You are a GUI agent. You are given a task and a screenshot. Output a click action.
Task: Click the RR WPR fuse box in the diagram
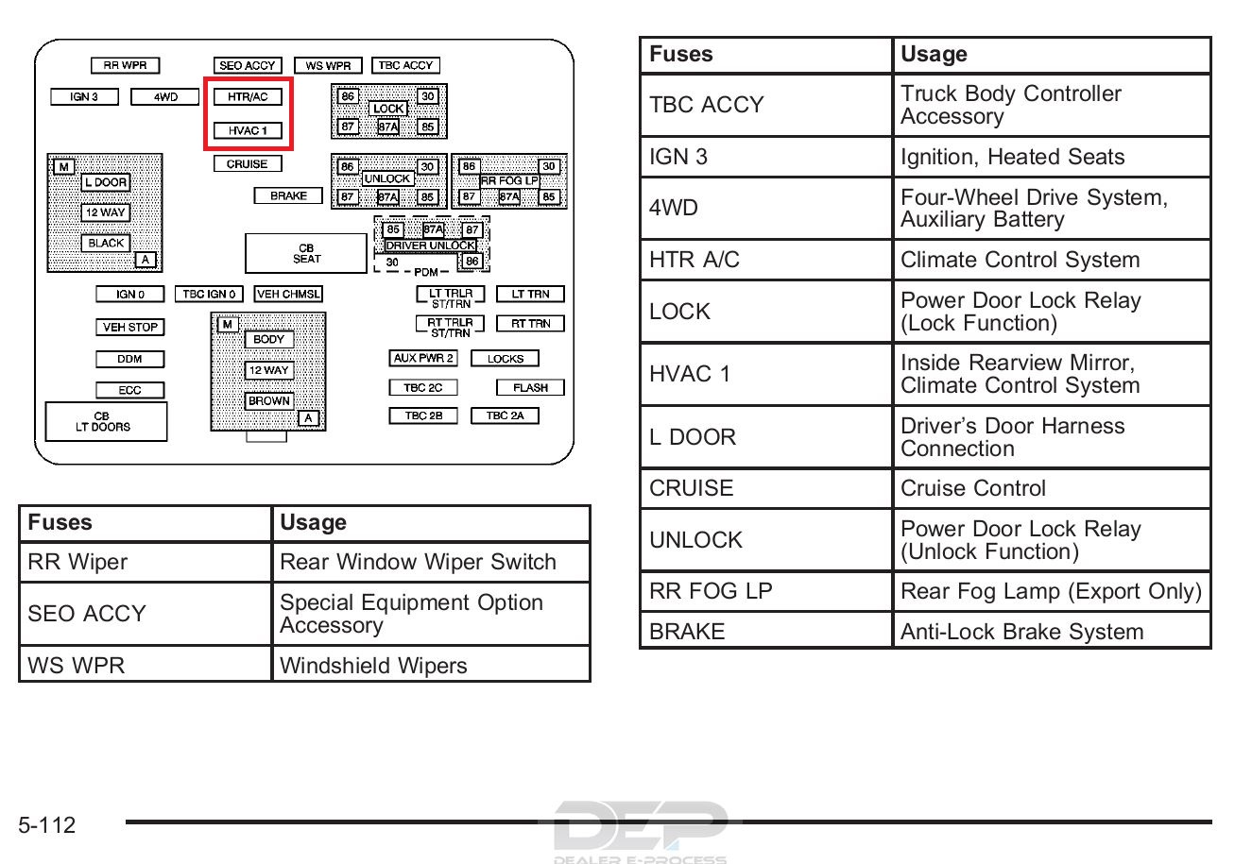point(125,65)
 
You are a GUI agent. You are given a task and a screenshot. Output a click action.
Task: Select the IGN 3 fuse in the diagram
point(84,96)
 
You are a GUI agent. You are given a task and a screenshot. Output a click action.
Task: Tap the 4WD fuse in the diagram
point(164,96)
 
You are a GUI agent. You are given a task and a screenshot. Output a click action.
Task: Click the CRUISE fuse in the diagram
point(248,163)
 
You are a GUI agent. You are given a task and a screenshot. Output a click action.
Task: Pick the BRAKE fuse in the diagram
point(288,195)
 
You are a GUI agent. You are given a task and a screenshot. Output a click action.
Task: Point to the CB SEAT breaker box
point(306,253)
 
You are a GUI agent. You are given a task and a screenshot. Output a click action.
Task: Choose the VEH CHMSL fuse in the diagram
point(288,294)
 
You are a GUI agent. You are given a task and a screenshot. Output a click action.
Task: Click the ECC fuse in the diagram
point(129,390)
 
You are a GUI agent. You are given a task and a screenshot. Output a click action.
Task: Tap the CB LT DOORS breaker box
point(106,422)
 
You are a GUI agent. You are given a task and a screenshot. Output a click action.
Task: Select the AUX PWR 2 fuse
point(423,358)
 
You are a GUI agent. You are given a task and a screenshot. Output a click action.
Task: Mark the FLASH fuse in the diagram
point(530,387)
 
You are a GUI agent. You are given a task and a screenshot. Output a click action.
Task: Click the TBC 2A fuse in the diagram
point(505,415)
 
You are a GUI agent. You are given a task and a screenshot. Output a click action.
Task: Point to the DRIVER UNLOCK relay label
point(430,246)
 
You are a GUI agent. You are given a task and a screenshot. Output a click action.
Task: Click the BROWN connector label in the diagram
point(269,401)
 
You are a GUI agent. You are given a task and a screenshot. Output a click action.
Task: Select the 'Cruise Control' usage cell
point(1052,488)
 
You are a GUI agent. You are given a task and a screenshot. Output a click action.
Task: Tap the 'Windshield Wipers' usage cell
point(431,665)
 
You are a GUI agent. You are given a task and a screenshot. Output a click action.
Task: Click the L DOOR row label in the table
point(693,437)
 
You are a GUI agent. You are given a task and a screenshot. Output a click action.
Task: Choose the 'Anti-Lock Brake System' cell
point(1052,631)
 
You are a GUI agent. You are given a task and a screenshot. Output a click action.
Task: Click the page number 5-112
point(47,825)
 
